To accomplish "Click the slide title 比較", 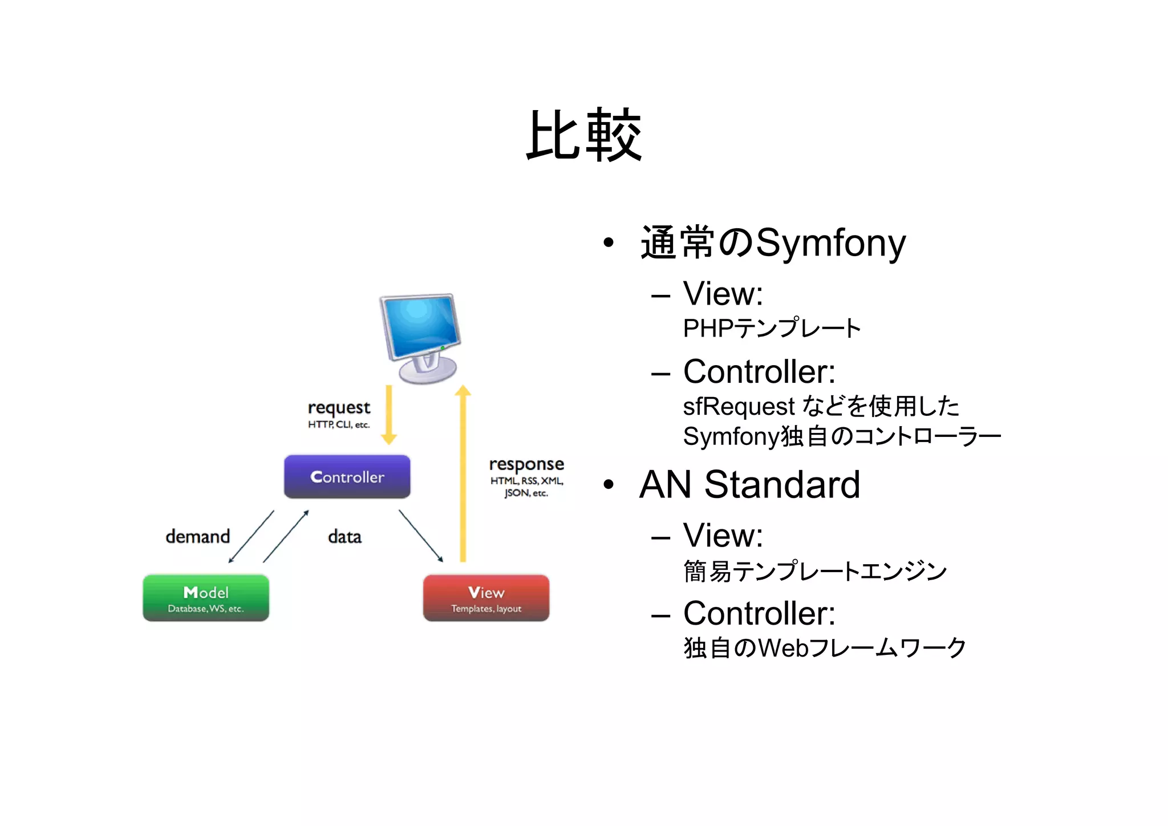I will (x=584, y=135).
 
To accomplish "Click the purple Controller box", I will (x=347, y=476).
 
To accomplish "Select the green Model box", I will (x=205, y=597).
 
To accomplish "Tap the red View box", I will (x=486, y=597).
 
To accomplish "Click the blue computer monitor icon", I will (x=421, y=337).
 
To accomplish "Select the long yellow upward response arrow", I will (x=463, y=473).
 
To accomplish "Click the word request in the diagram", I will (x=339, y=407).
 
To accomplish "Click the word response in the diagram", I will (x=526, y=464).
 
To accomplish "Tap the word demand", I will (x=197, y=536).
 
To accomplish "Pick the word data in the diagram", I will (x=344, y=536).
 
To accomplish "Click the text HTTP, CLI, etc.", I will (x=339, y=424).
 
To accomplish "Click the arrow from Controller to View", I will (x=421, y=536).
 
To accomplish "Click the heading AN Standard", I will (x=749, y=485).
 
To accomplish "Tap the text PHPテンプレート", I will (x=771, y=329).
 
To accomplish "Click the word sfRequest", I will (x=739, y=407).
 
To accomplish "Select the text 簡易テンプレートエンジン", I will (x=814, y=571).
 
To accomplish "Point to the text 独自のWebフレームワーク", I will (x=824, y=648).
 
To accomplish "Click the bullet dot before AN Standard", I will (x=609, y=485).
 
